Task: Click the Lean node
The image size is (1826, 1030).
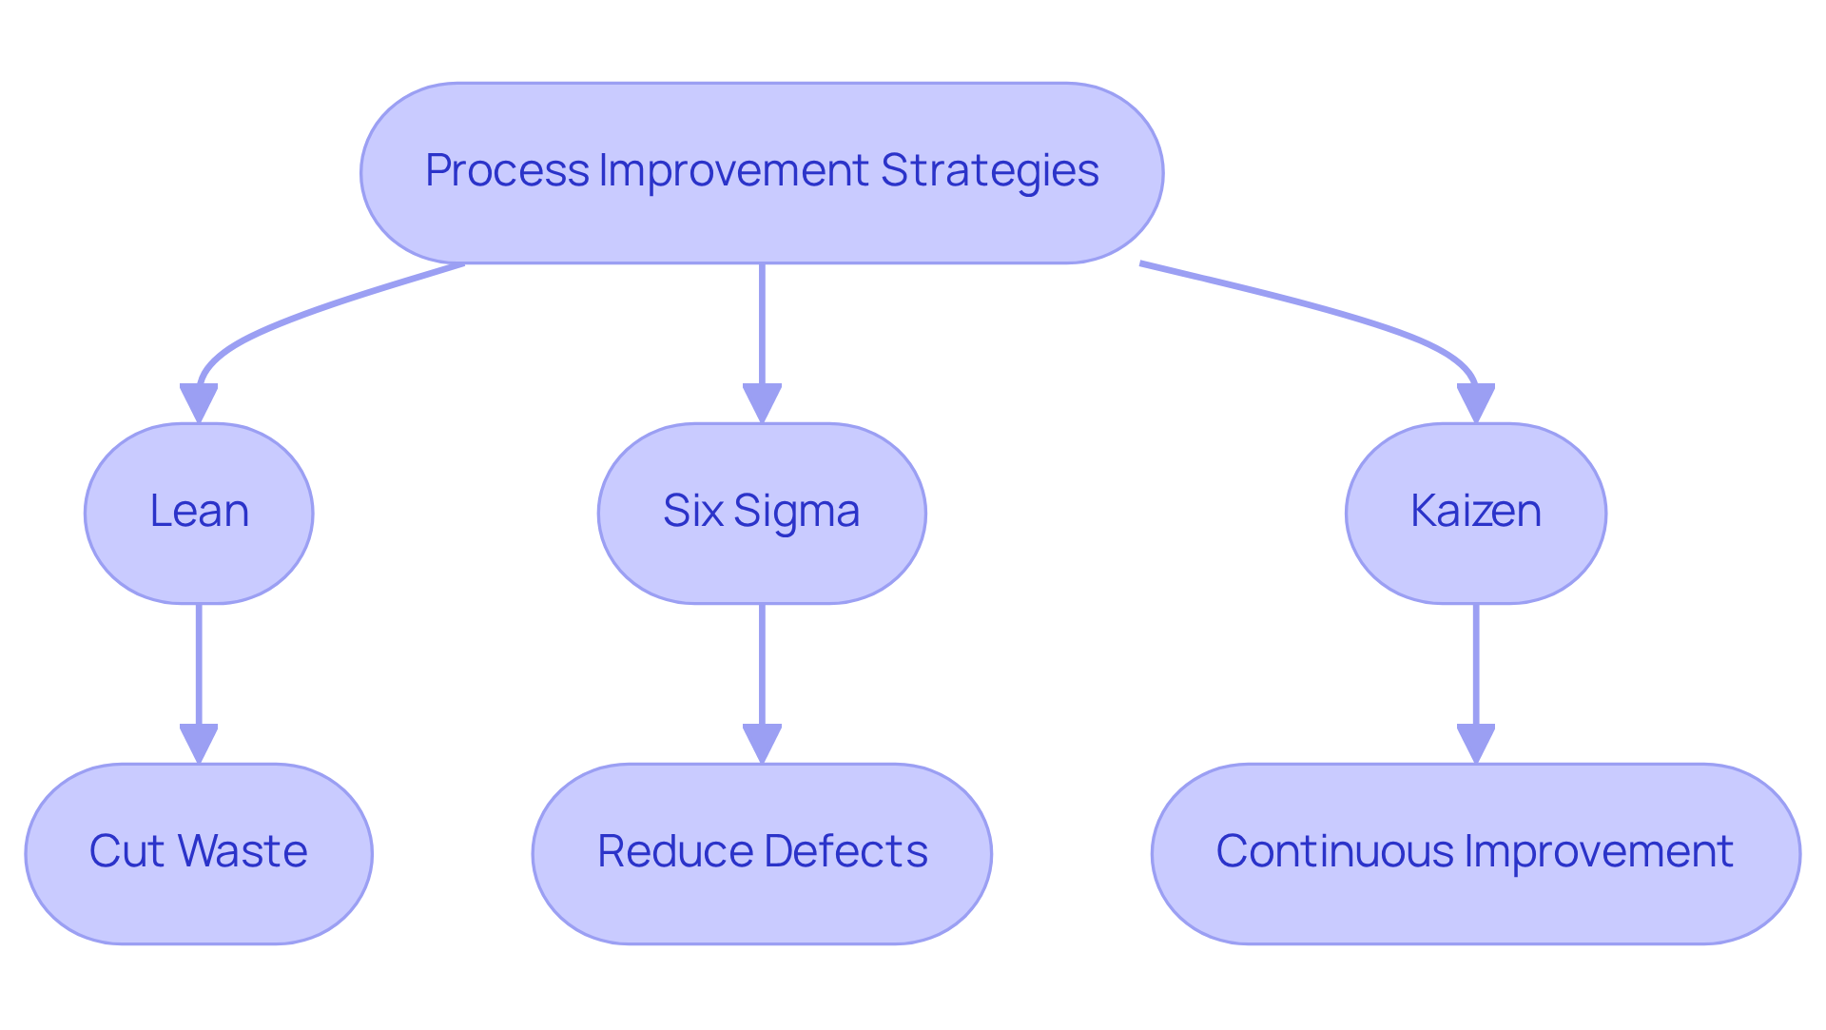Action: tap(199, 513)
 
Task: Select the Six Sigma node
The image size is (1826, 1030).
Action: tap(761, 513)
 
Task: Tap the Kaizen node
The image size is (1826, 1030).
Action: tap(1475, 513)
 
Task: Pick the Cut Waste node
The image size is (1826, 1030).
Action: tap(199, 853)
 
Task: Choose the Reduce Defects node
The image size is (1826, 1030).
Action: tap(761, 853)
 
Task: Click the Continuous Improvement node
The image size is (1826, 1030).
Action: tap(1475, 853)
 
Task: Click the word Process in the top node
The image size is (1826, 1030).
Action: tap(506, 171)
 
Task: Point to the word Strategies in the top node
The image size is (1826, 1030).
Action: tap(989, 171)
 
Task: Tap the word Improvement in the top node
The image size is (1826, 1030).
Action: tap(733, 171)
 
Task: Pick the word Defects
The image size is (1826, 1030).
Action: tap(845, 851)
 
